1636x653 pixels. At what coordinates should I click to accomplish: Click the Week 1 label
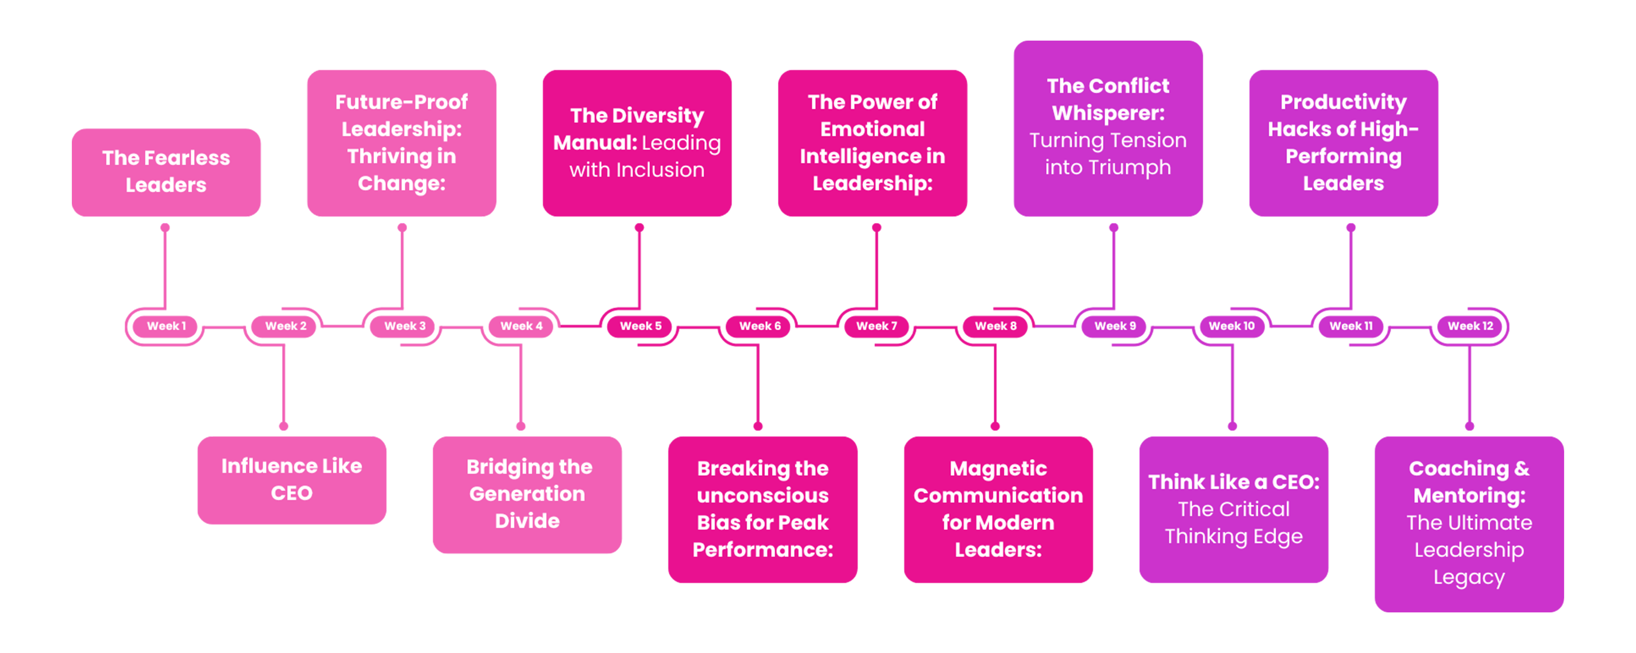tap(166, 326)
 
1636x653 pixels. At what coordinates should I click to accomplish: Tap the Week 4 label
tap(521, 326)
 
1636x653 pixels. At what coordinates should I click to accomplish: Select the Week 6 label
tap(760, 326)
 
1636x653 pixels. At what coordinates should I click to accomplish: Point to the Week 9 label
tap(1115, 326)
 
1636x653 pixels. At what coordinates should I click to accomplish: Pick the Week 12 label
tap(1470, 326)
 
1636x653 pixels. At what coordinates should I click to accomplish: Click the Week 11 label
tap(1351, 326)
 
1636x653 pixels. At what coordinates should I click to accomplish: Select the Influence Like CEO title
tap(291, 479)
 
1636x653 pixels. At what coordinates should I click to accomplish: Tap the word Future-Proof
tap(402, 102)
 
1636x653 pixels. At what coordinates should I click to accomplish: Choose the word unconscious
tap(763, 495)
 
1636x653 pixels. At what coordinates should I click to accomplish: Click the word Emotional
tap(872, 129)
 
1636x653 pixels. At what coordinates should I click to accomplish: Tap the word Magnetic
tap(998, 468)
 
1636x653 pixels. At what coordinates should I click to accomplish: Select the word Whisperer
tap(1108, 113)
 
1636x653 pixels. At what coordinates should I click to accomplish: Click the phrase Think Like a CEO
tap(1234, 482)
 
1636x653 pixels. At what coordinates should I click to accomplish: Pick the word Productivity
tap(1343, 102)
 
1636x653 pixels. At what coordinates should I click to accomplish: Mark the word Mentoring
tap(1469, 495)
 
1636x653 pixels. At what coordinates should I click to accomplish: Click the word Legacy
tap(1469, 577)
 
